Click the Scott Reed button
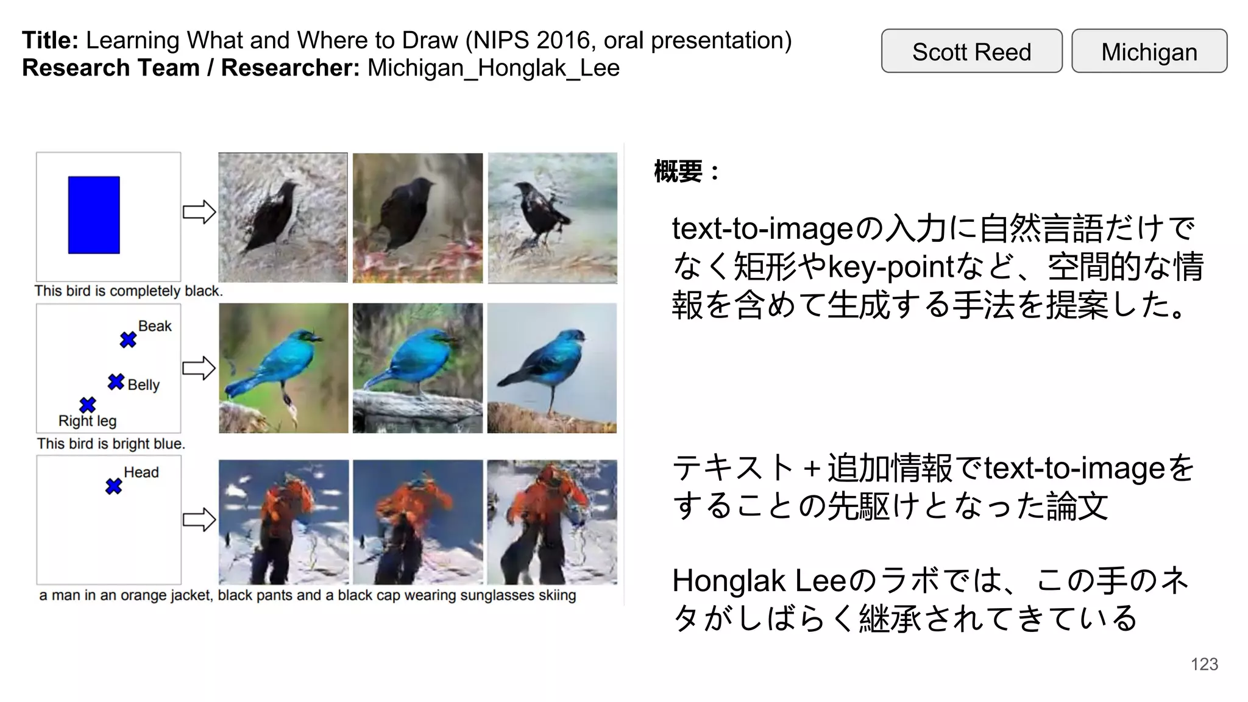(x=971, y=51)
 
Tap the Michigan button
(x=1149, y=51)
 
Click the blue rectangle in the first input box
(x=94, y=214)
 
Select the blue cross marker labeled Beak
(x=128, y=339)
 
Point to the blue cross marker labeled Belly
(x=116, y=382)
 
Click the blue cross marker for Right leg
(x=88, y=405)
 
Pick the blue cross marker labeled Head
(x=113, y=486)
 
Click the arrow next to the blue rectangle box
(x=199, y=212)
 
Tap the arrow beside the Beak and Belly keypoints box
(x=199, y=368)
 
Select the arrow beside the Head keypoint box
(x=199, y=520)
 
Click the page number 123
(x=1204, y=664)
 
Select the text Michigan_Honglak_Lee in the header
(x=493, y=68)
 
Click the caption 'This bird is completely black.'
(x=129, y=291)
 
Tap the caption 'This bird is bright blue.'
(x=111, y=444)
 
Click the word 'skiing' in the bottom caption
(x=557, y=595)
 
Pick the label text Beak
(x=155, y=326)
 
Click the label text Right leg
(x=87, y=420)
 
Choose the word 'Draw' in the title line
(x=433, y=40)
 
